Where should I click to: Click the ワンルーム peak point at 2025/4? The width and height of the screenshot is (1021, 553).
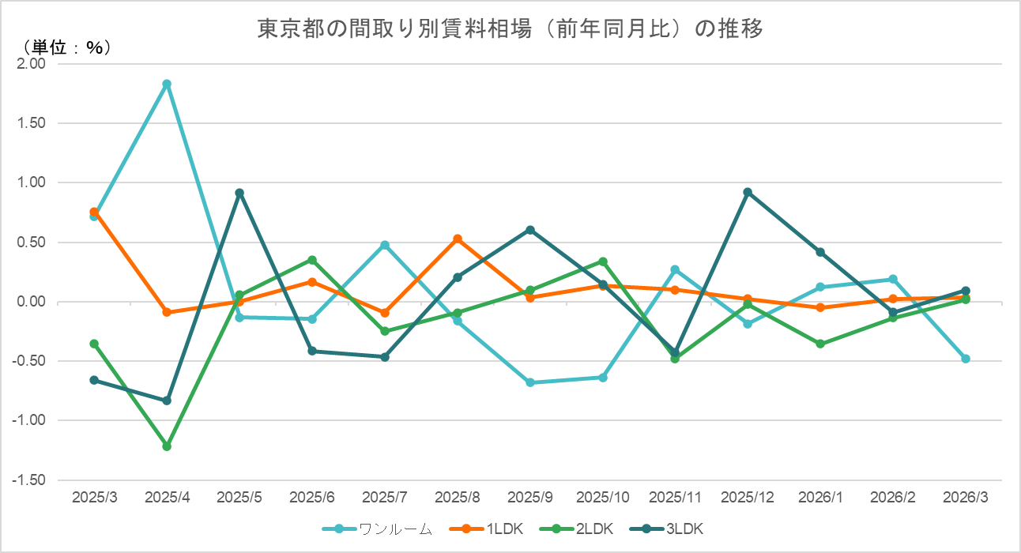pyautogui.click(x=167, y=84)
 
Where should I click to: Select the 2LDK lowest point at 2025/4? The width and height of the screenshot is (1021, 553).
pyautogui.click(x=167, y=446)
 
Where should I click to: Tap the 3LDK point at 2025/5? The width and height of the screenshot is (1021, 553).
pyautogui.click(x=239, y=193)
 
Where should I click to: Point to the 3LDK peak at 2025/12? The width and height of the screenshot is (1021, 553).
pyautogui.click(x=748, y=192)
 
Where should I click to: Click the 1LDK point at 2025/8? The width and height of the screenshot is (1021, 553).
pyautogui.click(x=458, y=239)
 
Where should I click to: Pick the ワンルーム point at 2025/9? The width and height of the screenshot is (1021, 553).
pyautogui.click(x=530, y=382)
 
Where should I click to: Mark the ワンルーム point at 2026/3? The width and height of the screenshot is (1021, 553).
pyautogui.click(x=966, y=359)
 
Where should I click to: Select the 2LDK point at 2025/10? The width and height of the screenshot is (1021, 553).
pyautogui.click(x=603, y=261)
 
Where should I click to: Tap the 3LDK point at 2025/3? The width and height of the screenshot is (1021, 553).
pyautogui.click(x=94, y=380)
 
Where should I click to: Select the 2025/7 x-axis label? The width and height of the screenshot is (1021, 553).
pyautogui.click(x=385, y=498)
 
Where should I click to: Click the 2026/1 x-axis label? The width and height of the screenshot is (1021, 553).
pyautogui.click(x=820, y=498)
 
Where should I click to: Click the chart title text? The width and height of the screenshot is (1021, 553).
pyautogui.click(x=510, y=29)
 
